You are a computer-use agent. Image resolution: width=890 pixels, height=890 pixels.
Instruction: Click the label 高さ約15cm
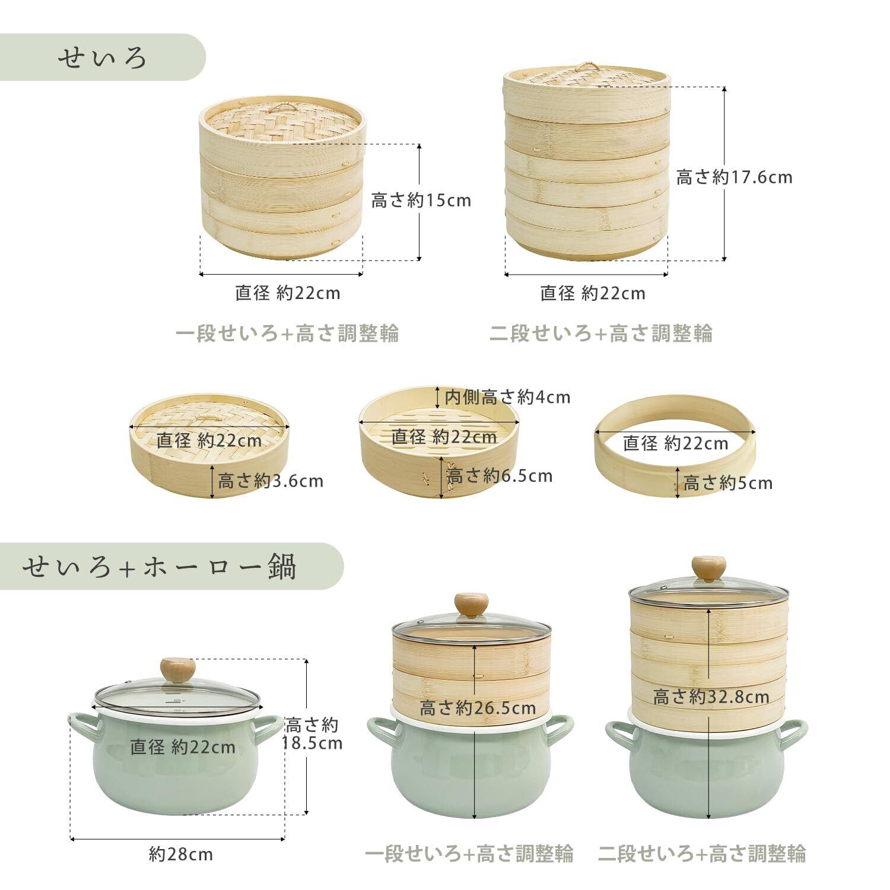tap(421, 201)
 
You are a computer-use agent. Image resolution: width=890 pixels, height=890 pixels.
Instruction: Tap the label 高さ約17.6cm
tap(734, 177)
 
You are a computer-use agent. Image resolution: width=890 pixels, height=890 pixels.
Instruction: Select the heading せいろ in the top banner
tap(102, 58)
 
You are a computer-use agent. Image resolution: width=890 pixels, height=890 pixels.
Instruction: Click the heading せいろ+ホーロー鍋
tap(159, 567)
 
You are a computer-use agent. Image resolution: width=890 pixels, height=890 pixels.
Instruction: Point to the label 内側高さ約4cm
tap(507, 397)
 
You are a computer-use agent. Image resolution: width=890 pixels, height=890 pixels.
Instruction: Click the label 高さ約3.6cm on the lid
tap(270, 481)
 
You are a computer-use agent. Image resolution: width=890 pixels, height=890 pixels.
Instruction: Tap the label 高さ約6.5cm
tap(500, 476)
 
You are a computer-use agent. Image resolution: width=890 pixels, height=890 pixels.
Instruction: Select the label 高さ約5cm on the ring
tap(727, 483)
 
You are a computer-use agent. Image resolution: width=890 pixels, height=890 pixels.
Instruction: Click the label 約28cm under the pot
tap(181, 854)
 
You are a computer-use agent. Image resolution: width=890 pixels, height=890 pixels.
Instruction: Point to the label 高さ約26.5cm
tap(478, 708)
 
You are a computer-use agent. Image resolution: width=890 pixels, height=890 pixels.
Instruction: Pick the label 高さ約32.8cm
tap(711, 697)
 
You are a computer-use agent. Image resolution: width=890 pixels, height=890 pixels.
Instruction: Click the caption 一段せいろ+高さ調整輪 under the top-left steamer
tap(287, 333)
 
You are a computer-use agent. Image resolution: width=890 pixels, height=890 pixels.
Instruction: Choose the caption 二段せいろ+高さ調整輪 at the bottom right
tap(702, 854)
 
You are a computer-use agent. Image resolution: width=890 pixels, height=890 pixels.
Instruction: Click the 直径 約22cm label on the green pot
tap(183, 747)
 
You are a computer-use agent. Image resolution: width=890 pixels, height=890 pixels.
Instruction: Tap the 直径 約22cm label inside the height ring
tap(675, 443)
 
